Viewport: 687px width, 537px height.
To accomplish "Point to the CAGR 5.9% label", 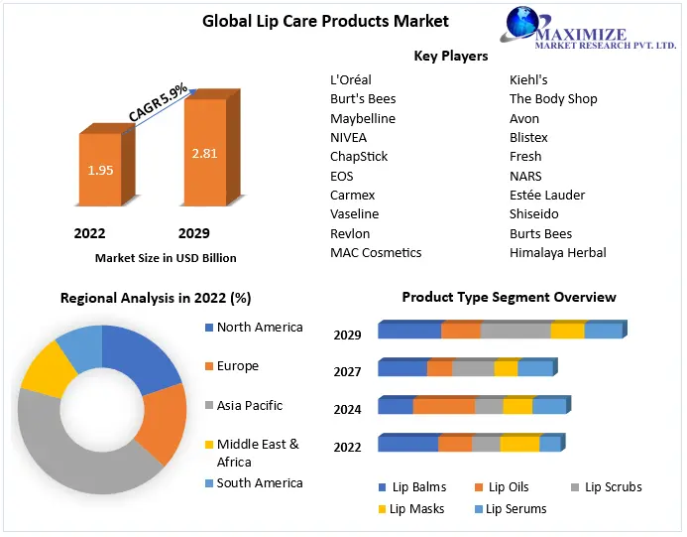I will click(159, 103).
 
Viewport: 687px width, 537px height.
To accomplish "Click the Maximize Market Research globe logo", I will click(524, 26).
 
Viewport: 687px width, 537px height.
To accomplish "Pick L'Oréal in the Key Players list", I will click(352, 79).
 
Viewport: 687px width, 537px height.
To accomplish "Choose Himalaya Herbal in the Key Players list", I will click(557, 252).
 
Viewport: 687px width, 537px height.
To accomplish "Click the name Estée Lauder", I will click(546, 195).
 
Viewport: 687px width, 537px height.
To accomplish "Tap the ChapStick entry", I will click(359, 157).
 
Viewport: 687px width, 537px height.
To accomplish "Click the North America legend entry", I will click(260, 328).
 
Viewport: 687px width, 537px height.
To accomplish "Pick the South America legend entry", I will click(260, 483).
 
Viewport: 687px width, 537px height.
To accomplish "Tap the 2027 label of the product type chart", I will click(347, 371).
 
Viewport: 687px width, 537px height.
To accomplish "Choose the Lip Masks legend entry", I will click(416, 509).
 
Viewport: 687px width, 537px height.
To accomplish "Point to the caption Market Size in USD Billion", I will click(166, 258).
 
